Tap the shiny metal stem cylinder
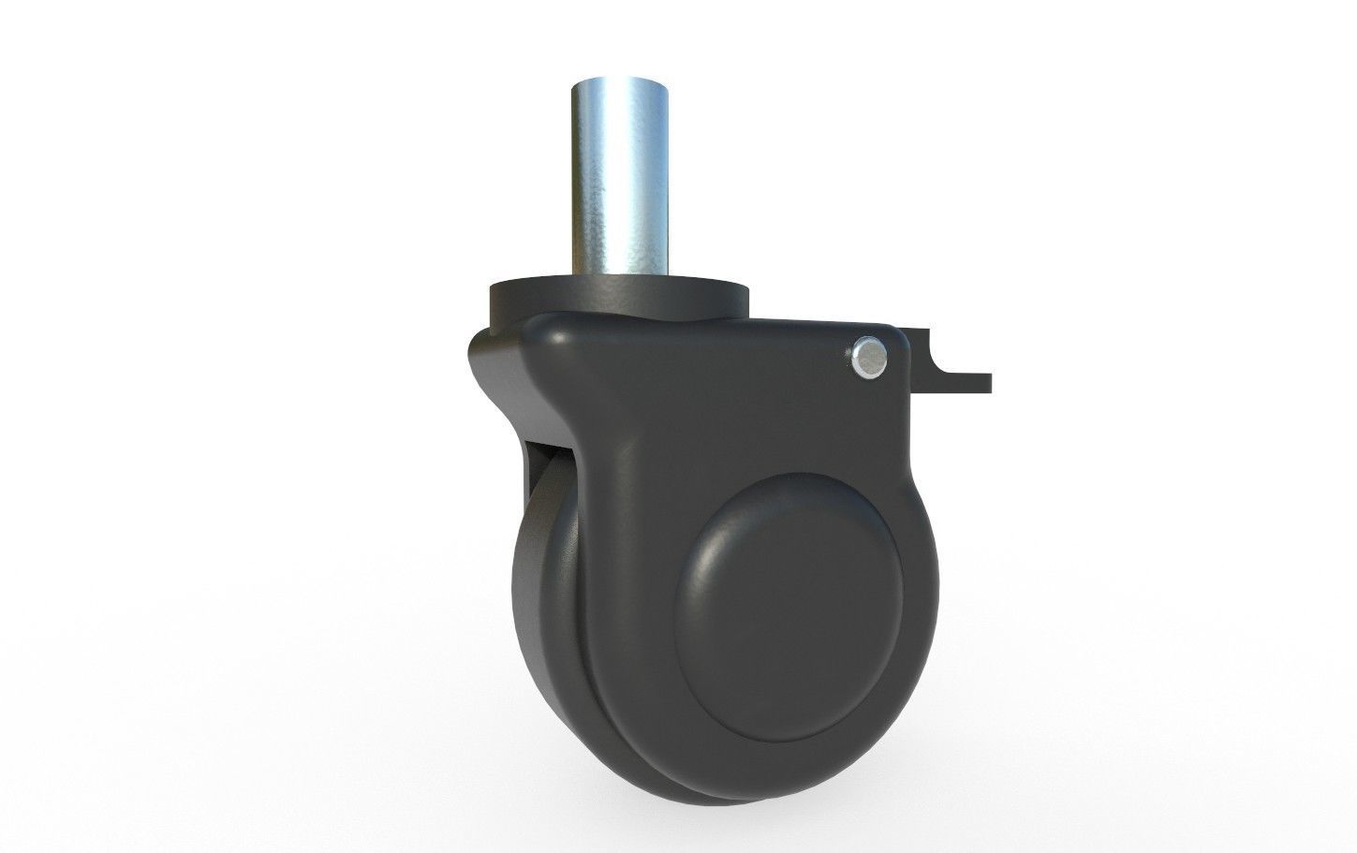(x=618, y=178)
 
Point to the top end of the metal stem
(x=618, y=82)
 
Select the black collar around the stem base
(x=618, y=298)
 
